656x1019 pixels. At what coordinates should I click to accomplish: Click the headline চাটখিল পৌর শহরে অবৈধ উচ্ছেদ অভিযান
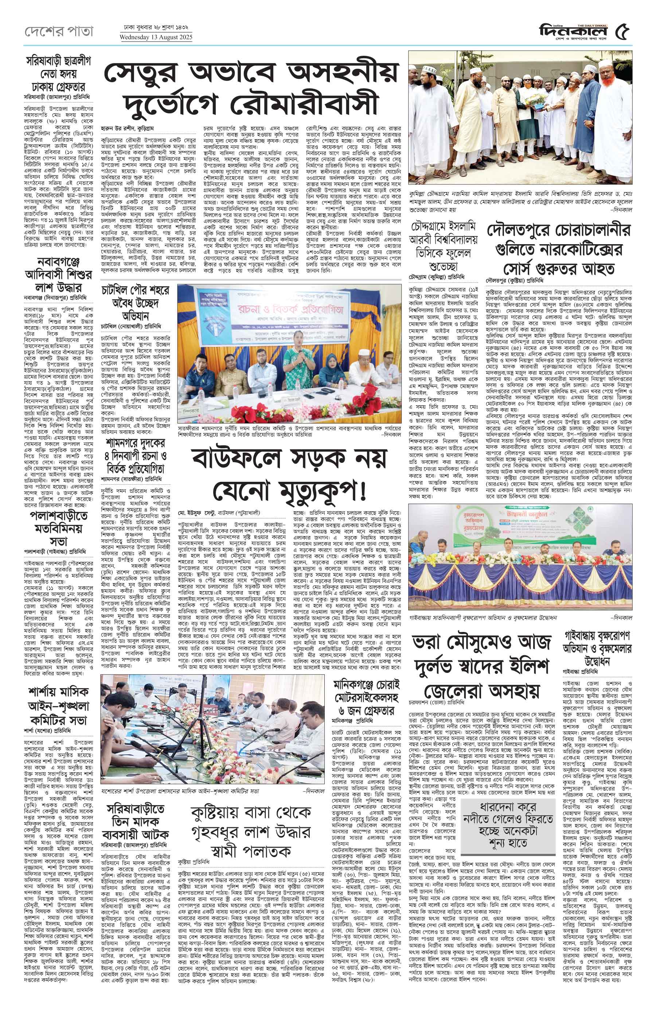134,302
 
